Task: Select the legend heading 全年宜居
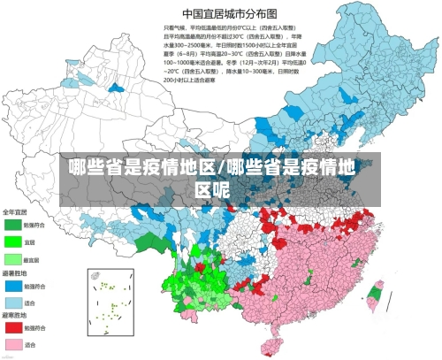[x=15, y=212]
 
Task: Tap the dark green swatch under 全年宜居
[x=12, y=224]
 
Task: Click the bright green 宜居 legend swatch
[x=12, y=241]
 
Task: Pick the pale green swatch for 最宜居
[x=12, y=258]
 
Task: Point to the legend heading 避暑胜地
[x=15, y=274]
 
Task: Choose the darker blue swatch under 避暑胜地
[x=12, y=286]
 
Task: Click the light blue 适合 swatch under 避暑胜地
[x=12, y=303]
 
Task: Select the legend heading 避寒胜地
[x=15, y=316]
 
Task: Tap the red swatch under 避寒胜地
[x=12, y=327]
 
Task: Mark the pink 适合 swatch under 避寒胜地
[x=12, y=344]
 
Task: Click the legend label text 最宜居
[x=31, y=259]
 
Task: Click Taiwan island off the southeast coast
[x=375, y=295]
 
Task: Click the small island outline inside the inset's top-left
[x=95, y=276]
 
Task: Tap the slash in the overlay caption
[x=221, y=168]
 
